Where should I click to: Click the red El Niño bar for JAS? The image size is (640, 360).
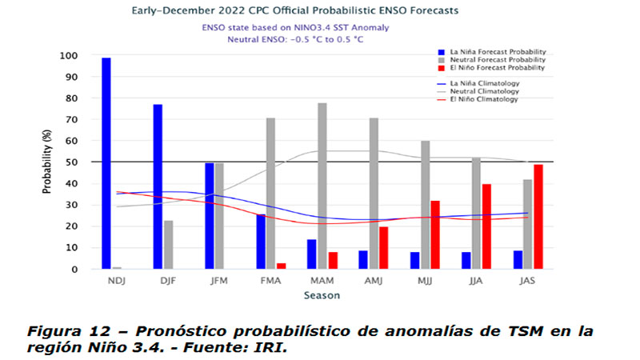pos(538,217)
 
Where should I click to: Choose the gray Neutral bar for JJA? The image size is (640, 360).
pos(476,213)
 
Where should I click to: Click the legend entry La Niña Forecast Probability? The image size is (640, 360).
pos(490,51)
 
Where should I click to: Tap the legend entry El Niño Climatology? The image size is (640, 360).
pos(485,99)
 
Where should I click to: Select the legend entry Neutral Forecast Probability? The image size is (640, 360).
pos(490,60)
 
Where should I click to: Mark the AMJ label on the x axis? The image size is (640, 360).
pos(374,281)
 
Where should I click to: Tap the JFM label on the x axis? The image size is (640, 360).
pos(219,281)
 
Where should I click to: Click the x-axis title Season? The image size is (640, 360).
pos(322,295)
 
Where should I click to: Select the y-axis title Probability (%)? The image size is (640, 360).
pos(47,162)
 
